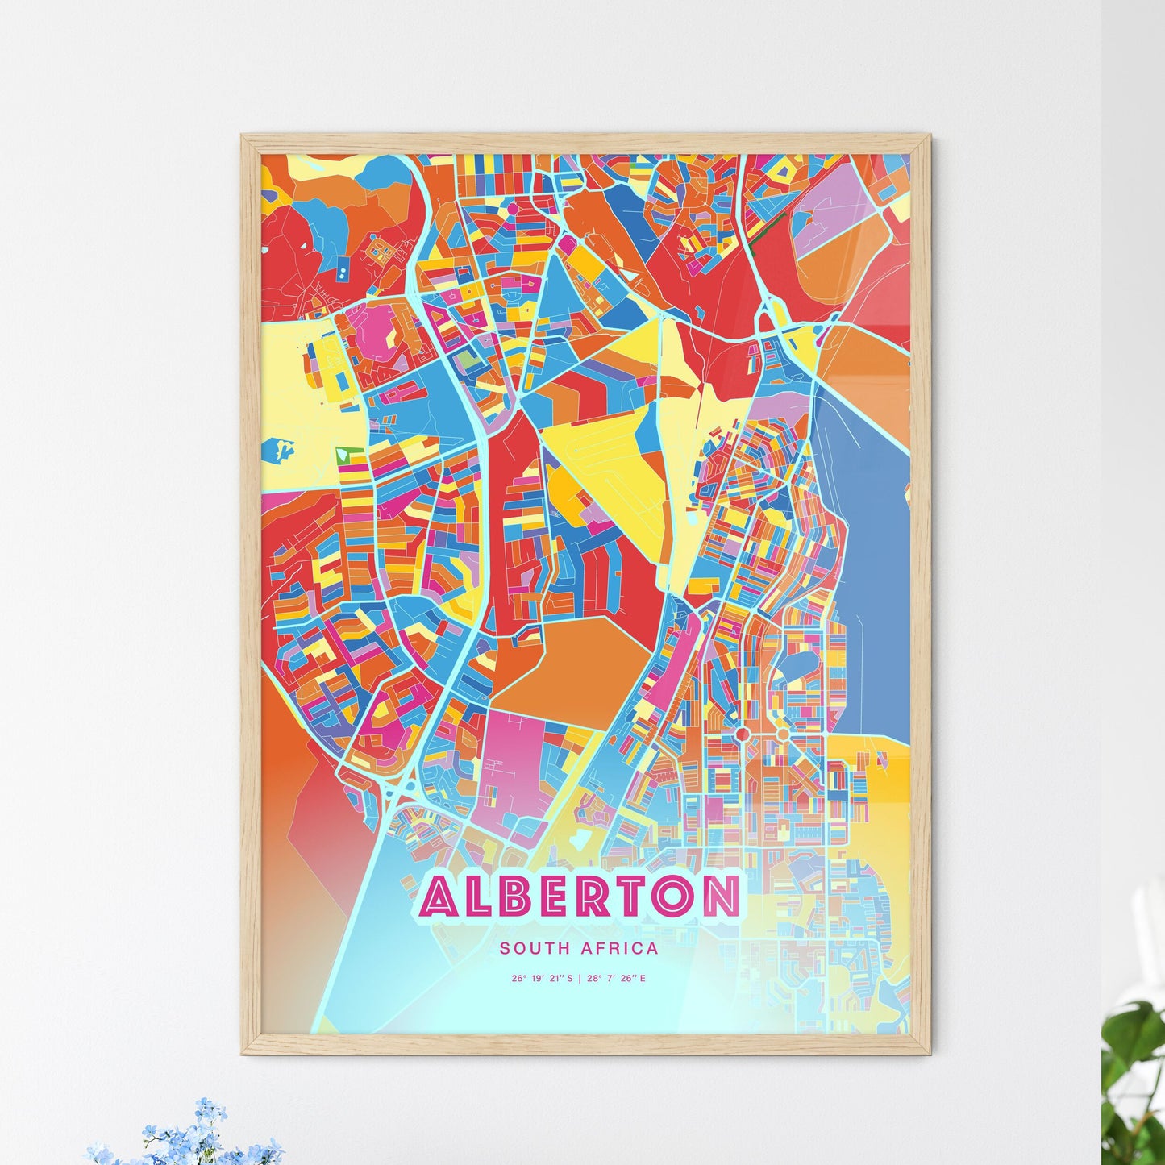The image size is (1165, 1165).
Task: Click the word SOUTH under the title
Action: (528, 948)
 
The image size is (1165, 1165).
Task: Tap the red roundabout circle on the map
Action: (741, 734)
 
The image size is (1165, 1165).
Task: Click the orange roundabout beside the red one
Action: (781, 734)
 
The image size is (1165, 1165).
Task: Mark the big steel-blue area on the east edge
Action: (875, 564)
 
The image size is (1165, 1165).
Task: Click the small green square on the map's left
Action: (345, 454)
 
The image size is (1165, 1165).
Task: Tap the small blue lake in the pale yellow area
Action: (281, 448)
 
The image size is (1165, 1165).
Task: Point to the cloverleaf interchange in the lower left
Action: (397, 791)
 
